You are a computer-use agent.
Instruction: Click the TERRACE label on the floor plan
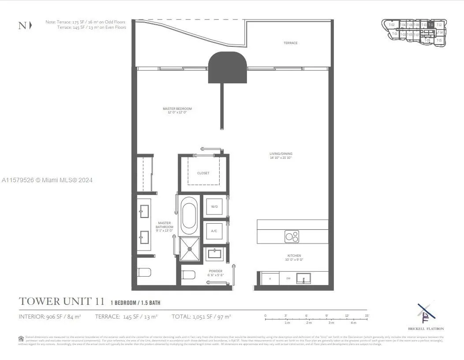point(290,43)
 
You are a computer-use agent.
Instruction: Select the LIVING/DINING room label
point(281,155)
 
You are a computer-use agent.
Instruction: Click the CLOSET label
point(203,173)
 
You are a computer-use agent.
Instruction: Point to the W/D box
point(214,206)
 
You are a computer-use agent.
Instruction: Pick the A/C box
point(214,231)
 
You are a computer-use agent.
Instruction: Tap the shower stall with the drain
point(190,249)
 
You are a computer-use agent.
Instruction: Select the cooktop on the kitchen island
point(292,236)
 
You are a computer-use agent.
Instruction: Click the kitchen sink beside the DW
point(303,278)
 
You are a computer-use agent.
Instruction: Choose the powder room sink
point(215,254)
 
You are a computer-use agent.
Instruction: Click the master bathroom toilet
point(144,272)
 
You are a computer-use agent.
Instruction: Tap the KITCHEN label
point(294,257)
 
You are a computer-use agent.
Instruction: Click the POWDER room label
point(216,273)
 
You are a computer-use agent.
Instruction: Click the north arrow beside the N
point(30,25)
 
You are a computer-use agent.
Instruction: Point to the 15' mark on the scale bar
point(367,315)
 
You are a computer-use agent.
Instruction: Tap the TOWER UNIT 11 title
point(62,302)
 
